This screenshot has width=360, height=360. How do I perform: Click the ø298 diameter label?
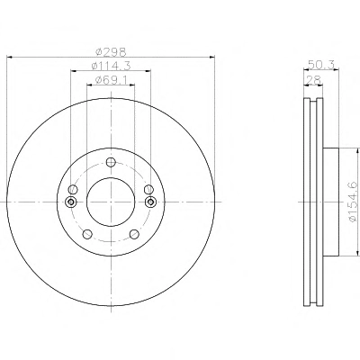click(x=111, y=52)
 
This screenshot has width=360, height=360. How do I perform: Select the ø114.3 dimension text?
click(x=111, y=66)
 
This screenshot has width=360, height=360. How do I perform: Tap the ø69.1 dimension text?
click(x=112, y=80)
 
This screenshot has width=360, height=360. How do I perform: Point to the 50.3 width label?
click(x=321, y=65)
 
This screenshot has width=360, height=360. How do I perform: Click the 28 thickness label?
click(x=313, y=80)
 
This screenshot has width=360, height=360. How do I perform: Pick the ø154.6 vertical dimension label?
click(x=355, y=202)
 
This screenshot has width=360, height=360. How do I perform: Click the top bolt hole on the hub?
click(x=111, y=162)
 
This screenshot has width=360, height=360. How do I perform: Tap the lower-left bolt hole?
click(x=87, y=234)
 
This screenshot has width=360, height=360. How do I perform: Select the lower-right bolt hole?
click(x=134, y=234)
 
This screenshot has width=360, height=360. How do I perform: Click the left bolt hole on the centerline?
click(x=71, y=202)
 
